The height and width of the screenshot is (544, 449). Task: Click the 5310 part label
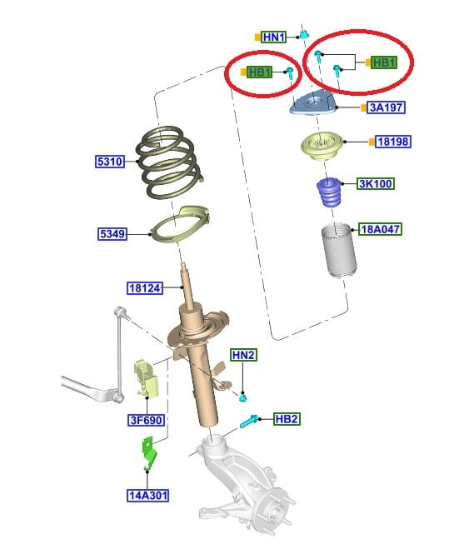(x=110, y=162)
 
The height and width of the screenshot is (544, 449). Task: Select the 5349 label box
(x=112, y=233)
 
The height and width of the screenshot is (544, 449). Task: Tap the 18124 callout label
(x=145, y=288)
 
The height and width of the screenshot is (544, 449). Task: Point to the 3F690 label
(x=146, y=420)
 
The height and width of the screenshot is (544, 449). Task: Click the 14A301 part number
(x=147, y=495)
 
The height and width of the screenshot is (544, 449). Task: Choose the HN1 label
(x=274, y=37)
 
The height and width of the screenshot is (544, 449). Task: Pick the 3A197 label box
(x=386, y=107)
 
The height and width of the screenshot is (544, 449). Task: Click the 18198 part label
(x=393, y=142)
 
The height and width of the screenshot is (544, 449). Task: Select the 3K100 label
(x=376, y=183)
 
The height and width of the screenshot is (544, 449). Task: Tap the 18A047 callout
(x=381, y=229)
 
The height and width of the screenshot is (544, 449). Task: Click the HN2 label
(x=243, y=355)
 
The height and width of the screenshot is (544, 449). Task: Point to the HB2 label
(x=287, y=419)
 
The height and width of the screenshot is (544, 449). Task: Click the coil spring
(x=168, y=162)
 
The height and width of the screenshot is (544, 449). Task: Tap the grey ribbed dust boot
(x=339, y=251)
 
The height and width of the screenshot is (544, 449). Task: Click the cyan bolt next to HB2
(x=249, y=421)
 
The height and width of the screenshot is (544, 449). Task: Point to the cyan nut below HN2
(x=243, y=397)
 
